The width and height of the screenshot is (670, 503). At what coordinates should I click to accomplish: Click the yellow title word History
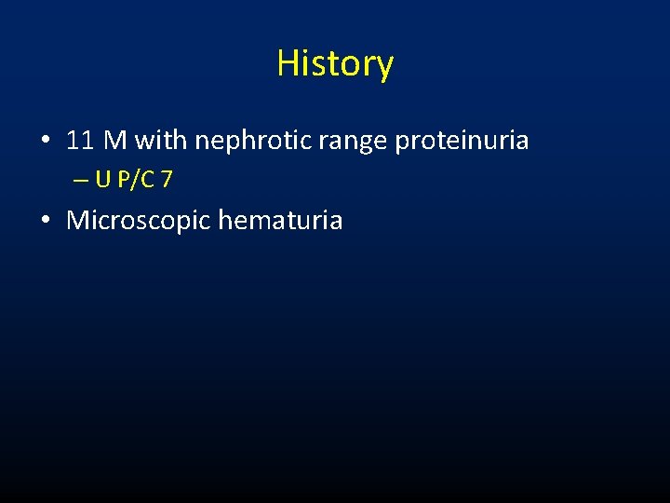[335, 63]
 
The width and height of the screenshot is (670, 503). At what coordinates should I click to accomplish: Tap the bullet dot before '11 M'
[45, 143]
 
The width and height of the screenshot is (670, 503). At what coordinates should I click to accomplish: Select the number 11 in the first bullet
[80, 141]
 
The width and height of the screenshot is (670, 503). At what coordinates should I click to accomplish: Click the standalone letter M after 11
[115, 141]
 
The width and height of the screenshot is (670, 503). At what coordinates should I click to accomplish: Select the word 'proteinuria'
[462, 142]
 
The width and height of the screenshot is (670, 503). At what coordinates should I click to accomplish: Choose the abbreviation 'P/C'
[136, 180]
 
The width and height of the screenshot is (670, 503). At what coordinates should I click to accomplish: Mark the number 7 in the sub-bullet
[166, 180]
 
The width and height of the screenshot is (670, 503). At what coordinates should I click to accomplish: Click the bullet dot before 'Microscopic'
[45, 222]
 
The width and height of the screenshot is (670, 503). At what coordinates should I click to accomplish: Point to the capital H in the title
[287, 63]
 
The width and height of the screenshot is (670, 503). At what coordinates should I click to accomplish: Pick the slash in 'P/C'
[136, 180]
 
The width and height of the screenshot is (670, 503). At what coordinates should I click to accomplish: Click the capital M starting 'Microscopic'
[77, 221]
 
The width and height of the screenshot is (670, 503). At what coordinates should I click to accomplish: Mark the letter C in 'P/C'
[147, 180]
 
